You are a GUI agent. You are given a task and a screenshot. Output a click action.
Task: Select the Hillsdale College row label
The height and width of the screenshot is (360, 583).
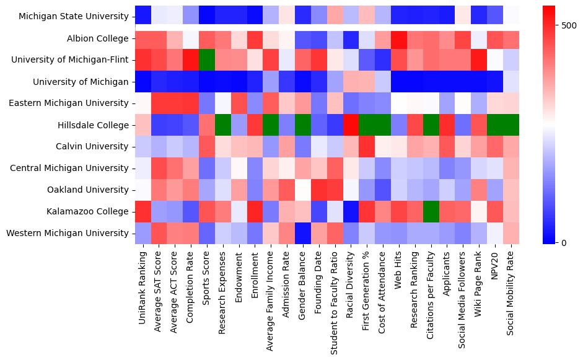90,125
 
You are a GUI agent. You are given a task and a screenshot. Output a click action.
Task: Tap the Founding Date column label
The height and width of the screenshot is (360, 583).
319,282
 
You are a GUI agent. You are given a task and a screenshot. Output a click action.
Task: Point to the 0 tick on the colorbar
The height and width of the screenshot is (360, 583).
563,242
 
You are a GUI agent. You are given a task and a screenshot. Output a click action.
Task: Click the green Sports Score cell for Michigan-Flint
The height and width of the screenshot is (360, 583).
208,60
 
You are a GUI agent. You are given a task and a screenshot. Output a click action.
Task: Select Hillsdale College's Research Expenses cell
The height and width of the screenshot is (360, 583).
224,125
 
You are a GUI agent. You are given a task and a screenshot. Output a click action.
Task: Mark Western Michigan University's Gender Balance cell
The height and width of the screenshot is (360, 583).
304,234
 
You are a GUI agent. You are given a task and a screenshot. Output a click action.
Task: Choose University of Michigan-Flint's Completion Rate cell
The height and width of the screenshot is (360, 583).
191,60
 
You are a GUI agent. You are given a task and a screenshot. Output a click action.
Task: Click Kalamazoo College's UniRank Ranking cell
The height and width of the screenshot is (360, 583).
143,212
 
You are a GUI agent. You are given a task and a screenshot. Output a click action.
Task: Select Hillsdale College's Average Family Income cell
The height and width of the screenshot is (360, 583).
271,125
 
